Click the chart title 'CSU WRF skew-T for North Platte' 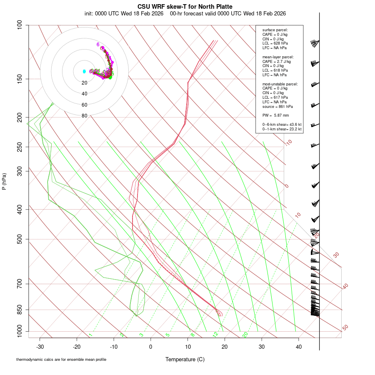(185, 7)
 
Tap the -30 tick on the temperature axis (40, 346)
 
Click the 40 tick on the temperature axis (298, 346)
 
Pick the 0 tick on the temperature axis (151, 346)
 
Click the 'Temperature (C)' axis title (185, 360)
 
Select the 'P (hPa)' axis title (4, 181)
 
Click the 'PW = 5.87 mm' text (275, 115)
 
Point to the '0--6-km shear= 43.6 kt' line (282, 125)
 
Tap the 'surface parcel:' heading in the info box (275, 30)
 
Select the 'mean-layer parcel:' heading (278, 57)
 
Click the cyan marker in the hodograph (84, 71)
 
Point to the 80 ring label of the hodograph (85, 116)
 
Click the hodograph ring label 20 (85, 83)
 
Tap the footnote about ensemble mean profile (61, 360)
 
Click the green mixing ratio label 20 (245, 334)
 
